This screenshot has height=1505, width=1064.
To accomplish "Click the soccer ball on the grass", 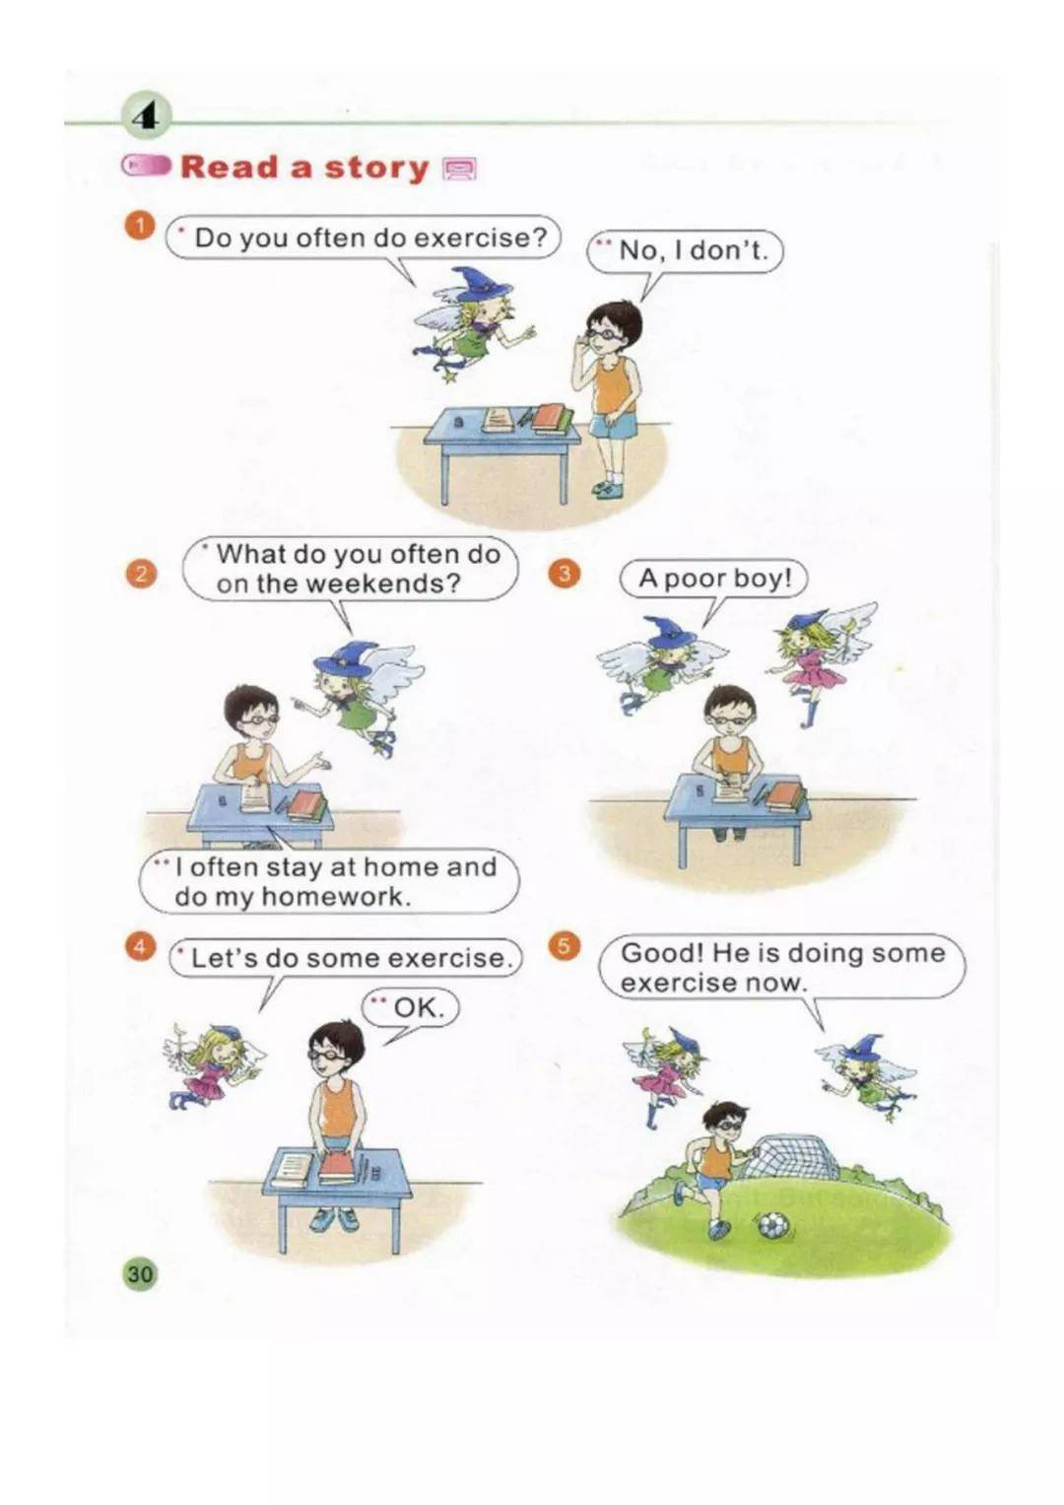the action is (x=773, y=1225).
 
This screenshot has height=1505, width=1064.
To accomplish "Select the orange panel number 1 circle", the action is (x=139, y=227).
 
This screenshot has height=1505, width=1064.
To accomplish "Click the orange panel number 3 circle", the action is (x=564, y=574).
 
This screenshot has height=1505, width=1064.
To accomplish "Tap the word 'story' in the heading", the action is (x=376, y=168).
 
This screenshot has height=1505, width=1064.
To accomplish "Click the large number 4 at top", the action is (x=146, y=119).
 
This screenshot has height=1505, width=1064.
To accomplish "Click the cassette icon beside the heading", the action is (x=459, y=170).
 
